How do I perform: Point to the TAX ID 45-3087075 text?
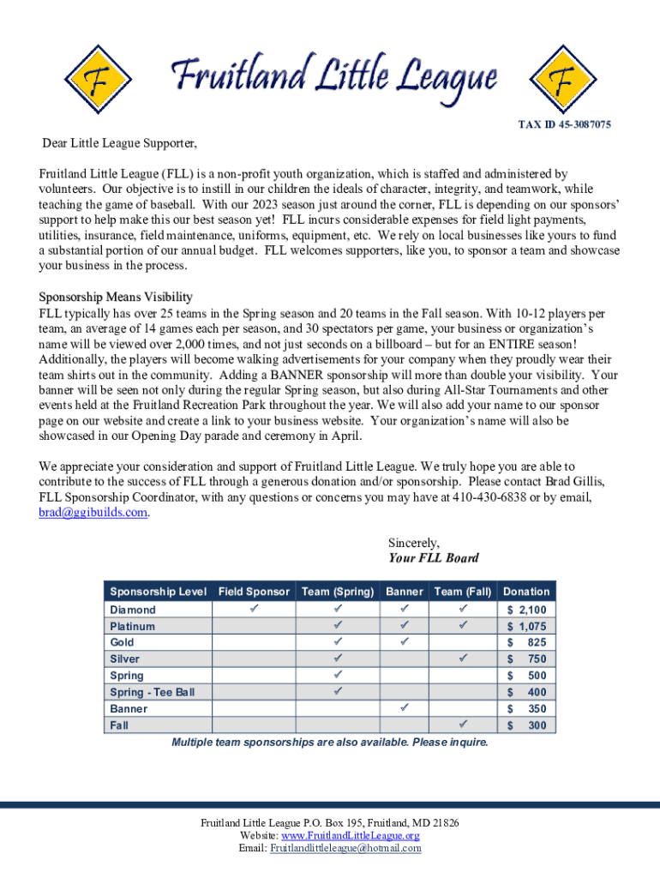pyautogui.click(x=564, y=125)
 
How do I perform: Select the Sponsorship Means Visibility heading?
pyautogui.click(x=116, y=297)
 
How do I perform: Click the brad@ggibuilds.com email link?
pyautogui.click(x=93, y=513)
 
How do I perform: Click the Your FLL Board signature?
pyautogui.click(x=434, y=558)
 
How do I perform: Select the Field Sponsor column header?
pyautogui.click(x=254, y=592)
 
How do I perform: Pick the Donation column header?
pyautogui.click(x=526, y=592)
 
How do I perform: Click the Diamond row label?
pyautogui.click(x=133, y=610)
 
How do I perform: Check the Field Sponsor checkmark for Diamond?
pyautogui.click(x=254, y=609)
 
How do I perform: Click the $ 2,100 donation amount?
pyautogui.click(x=526, y=610)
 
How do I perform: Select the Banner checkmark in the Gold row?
pyautogui.click(x=404, y=641)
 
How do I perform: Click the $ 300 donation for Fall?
pyautogui.click(x=526, y=725)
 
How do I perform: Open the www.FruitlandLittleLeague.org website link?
pyautogui.click(x=351, y=835)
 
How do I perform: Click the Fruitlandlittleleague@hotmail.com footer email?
pyautogui.click(x=345, y=848)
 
